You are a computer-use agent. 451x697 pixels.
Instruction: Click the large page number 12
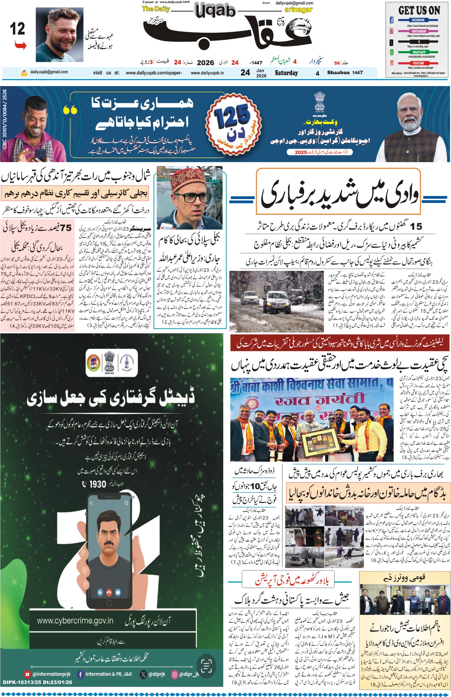[17, 29]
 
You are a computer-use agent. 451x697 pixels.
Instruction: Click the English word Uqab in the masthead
[215, 12]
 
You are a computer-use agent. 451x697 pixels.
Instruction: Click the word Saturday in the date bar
[286, 73]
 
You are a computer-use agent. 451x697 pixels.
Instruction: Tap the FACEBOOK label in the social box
[418, 20]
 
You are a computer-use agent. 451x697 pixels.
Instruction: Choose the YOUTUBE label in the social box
[418, 63]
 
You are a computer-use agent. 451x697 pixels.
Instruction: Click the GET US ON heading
[419, 10]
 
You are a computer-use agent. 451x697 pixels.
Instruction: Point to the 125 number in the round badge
[233, 117]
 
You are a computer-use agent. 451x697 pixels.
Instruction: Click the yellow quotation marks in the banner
[70, 110]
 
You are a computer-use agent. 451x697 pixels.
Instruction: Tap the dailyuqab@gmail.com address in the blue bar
[49, 72]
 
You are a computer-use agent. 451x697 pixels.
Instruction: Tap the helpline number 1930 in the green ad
[98, 484]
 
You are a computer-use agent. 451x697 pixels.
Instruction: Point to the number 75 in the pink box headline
[66, 228]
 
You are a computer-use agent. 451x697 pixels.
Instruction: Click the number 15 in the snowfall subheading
[416, 227]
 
